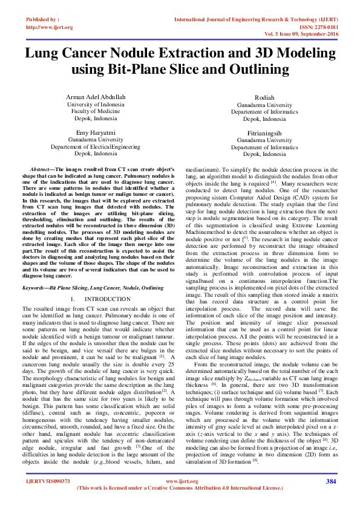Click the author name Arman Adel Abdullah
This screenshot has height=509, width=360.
pos(96,97)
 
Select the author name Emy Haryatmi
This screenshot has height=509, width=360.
pos(96,132)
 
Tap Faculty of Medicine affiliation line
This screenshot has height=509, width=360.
pos(96,112)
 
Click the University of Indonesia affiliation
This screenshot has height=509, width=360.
pos(96,105)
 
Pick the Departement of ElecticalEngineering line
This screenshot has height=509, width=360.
pos(96,146)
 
